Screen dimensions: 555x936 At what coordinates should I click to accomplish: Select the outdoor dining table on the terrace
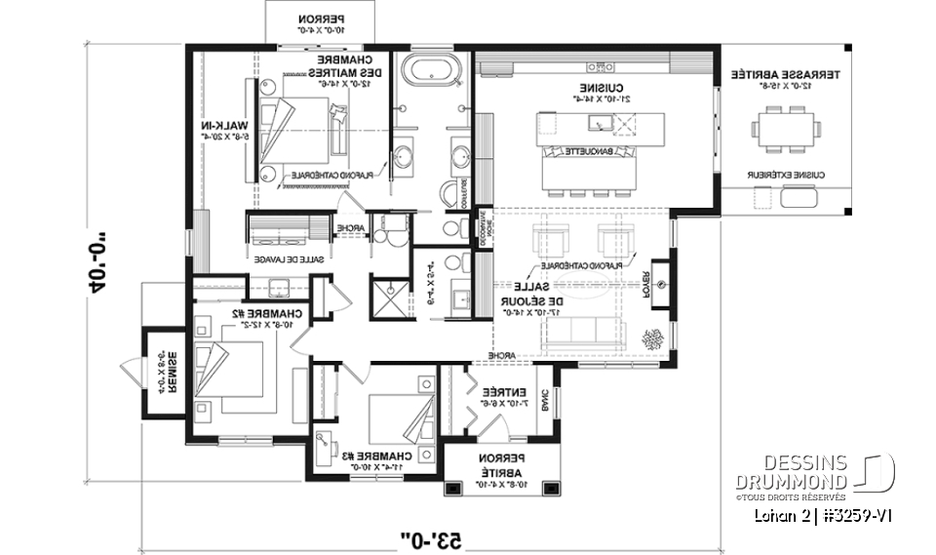pos(785,128)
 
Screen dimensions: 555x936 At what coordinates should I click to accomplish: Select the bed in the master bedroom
pos(304,127)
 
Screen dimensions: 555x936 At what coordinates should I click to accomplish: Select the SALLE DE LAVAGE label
pos(289,260)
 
